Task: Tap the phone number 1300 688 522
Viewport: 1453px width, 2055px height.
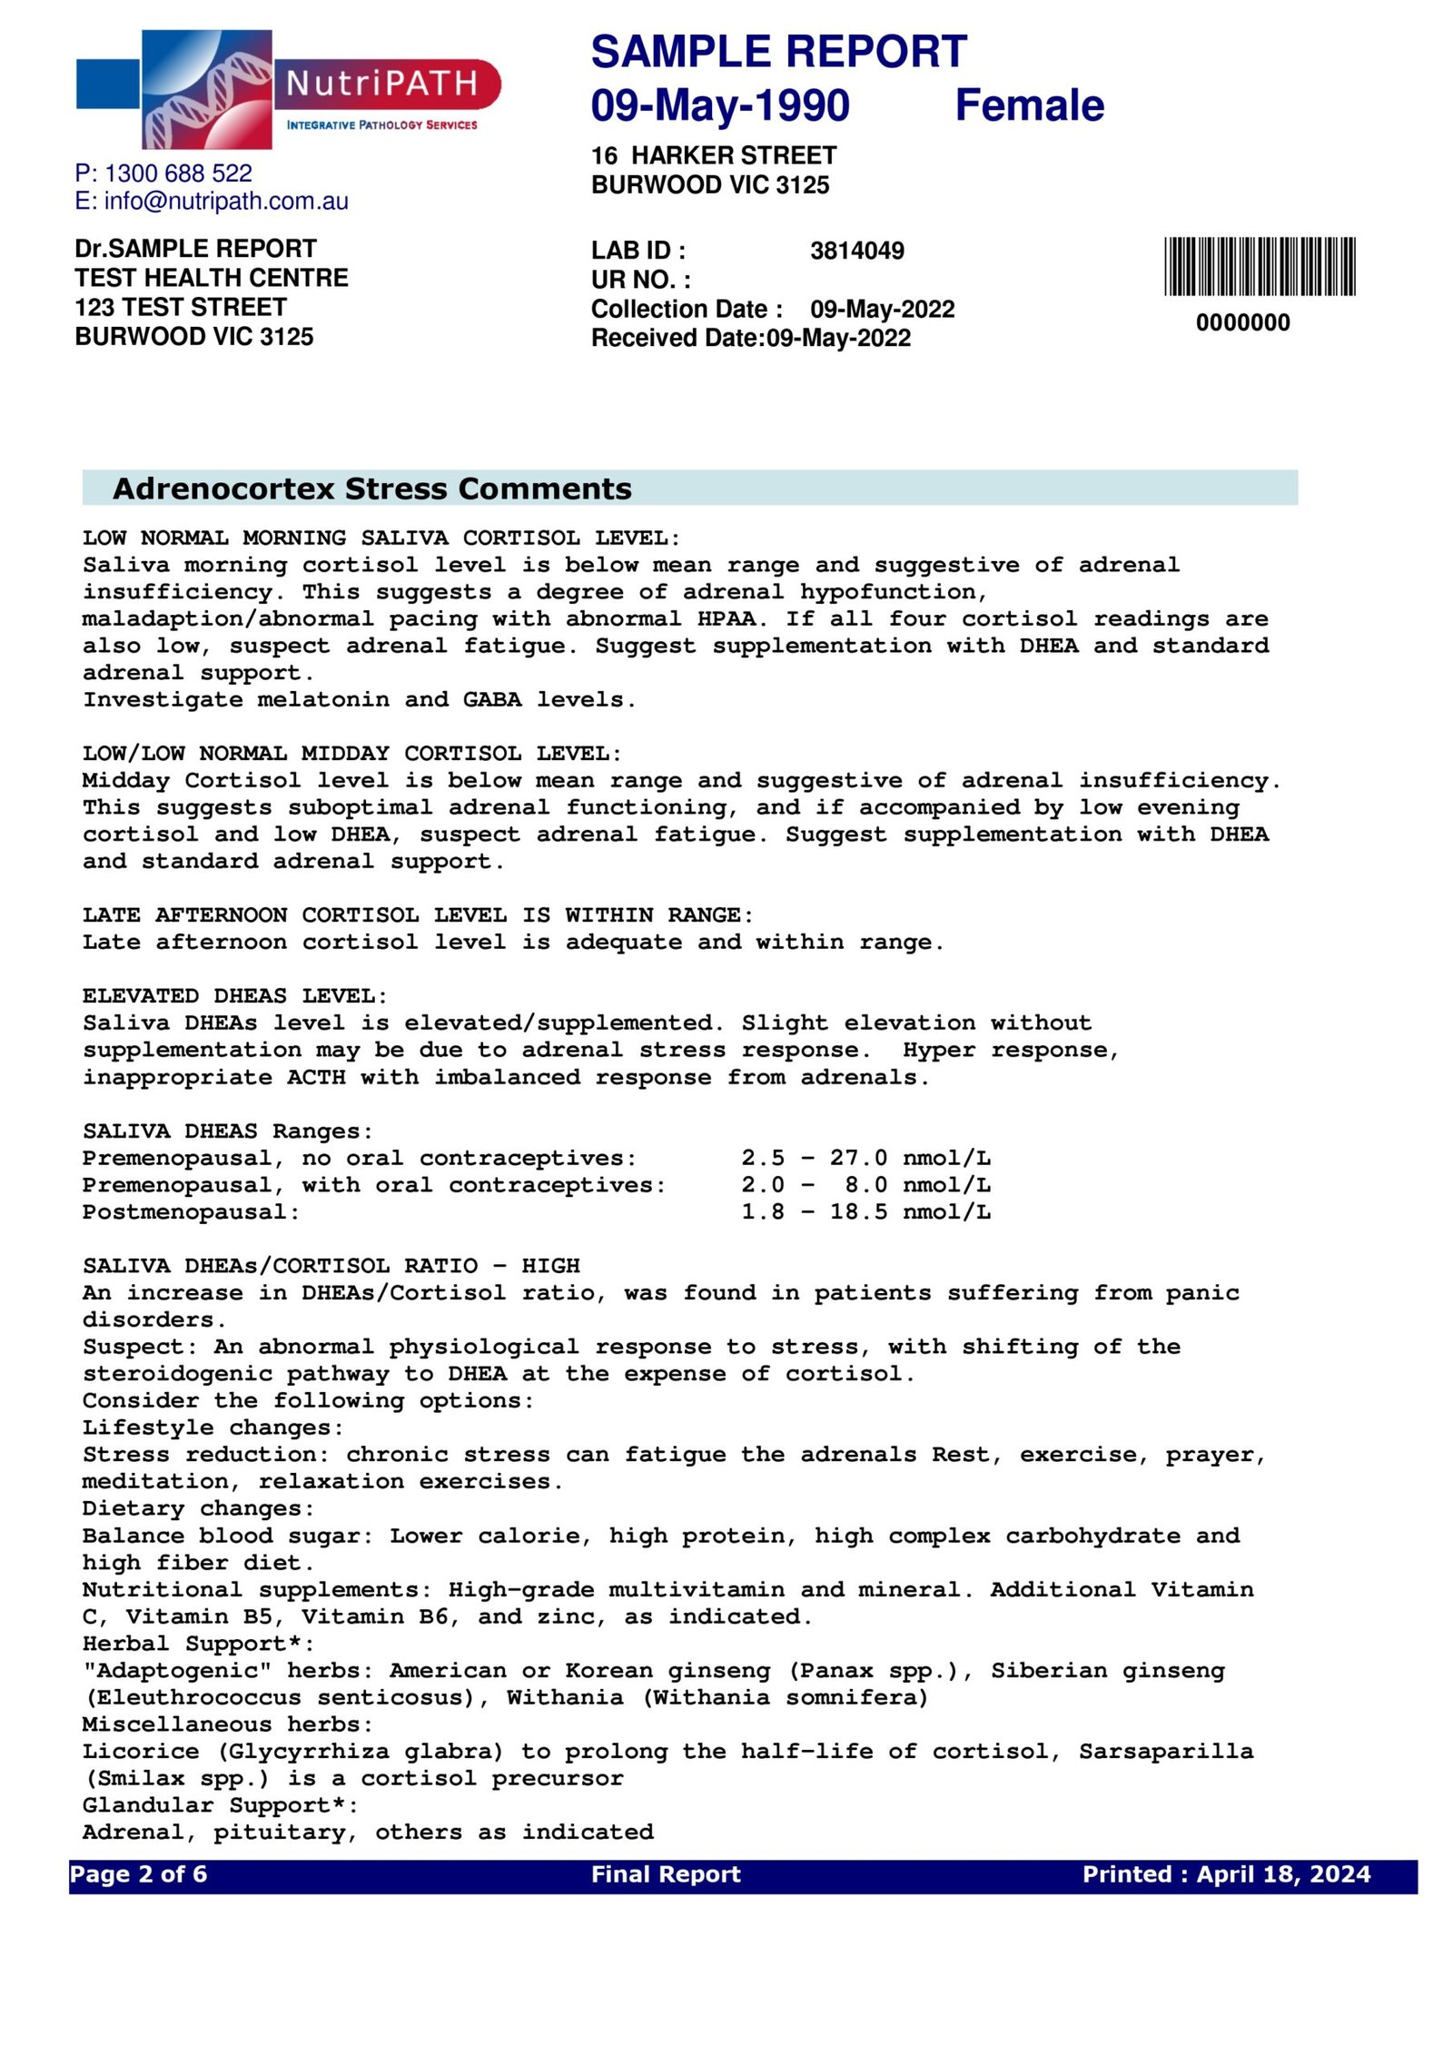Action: pos(178,173)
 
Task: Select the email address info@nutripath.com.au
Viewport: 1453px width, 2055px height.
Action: pos(226,202)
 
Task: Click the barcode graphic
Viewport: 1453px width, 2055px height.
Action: pos(1259,266)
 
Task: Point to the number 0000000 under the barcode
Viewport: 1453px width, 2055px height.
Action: pos(1241,322)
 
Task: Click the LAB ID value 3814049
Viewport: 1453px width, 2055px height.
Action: pos(856,251)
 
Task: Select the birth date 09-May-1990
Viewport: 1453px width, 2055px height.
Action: pos(719,105)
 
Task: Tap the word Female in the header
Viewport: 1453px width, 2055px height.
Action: pos(1028,105)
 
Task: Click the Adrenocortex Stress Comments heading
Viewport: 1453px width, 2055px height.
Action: pos(371,489)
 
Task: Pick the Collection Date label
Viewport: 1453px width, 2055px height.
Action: pos(686,309)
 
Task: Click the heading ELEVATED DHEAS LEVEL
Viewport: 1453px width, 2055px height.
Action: pos(234,995)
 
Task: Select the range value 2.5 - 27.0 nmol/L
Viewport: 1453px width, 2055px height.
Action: pos(865,1158)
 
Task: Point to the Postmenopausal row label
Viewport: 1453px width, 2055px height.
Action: pos(191,1211)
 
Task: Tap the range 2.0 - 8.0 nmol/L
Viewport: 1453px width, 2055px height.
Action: pos(865,1185)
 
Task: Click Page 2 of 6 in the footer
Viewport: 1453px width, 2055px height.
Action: pos(138,1874)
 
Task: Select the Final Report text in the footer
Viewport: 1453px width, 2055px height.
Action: pos(665,1874)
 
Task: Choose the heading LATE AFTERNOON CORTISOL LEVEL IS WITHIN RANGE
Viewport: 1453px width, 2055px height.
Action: pos(418,914)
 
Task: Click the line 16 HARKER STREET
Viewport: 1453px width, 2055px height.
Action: pos(713,156)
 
